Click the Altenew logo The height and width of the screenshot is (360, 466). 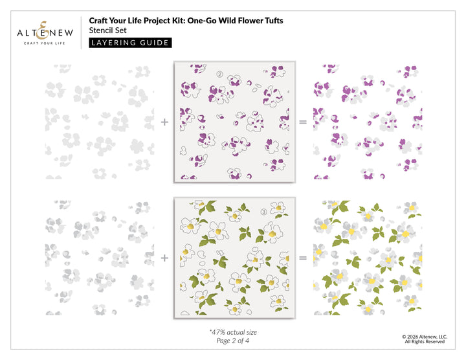(45, 33)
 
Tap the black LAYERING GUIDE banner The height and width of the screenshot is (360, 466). (130, 43)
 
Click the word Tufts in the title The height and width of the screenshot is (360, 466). (274, 21)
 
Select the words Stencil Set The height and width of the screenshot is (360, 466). (107, 30)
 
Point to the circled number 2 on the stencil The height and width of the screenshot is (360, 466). (219, 74)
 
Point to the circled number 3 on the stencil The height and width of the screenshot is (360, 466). (263, 212)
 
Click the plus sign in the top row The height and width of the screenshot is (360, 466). (164, 122)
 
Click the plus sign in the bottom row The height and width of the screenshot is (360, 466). (164, 258)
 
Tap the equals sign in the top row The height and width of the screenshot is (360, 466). (303, 122)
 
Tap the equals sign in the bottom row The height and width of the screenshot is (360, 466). (303, 258)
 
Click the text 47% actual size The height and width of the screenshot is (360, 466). (233, 332)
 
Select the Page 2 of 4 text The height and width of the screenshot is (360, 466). (233, 341)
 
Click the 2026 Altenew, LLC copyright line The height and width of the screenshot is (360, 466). (425, 337)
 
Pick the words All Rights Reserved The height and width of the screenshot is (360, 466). (425, 342)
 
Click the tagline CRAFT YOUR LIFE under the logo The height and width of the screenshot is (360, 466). (44, 43)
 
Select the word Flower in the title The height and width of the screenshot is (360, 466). (250, 21)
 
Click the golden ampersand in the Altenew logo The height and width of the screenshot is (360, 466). (43, 30)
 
